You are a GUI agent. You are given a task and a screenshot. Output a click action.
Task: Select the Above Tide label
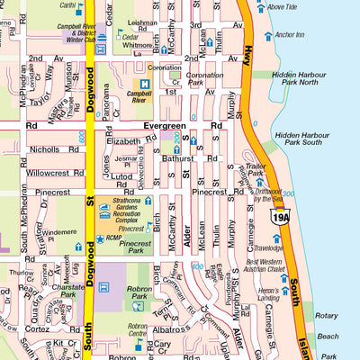click(282, 6)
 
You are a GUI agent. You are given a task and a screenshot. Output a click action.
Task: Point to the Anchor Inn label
click(289, 35)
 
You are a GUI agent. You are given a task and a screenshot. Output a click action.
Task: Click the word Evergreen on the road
click(163, 127)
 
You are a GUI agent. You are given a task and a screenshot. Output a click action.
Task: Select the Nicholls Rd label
click(49, 149)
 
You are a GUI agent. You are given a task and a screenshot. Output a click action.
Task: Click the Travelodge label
click(267, 247)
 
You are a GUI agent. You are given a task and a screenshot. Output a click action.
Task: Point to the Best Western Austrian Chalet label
click(269, 267)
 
